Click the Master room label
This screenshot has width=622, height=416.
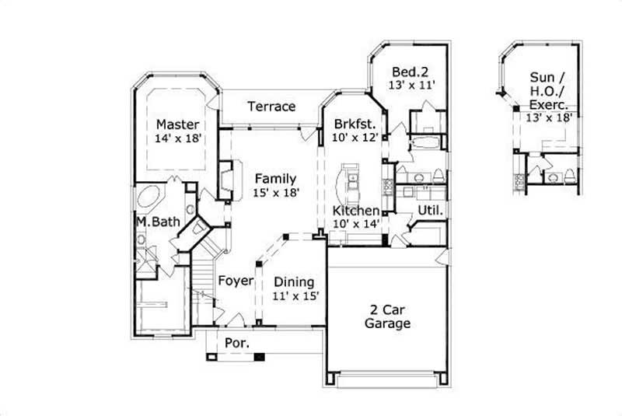(177, 124)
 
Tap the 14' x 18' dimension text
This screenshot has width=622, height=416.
(177, 138)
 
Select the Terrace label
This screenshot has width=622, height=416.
(271, 107)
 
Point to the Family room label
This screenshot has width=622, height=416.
(275, 178)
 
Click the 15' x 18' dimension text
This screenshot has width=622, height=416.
(275, 192)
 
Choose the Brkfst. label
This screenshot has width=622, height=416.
(355, 124)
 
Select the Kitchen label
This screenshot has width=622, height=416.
(355, 211)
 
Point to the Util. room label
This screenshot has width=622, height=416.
(430, 210)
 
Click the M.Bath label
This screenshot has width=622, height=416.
(158, 222)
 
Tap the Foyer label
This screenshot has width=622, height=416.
(235, 281)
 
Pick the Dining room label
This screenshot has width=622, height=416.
(293, 281)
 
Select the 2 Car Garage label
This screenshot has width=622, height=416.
(387, 317)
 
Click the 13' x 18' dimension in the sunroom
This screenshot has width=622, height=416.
(549, 117)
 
